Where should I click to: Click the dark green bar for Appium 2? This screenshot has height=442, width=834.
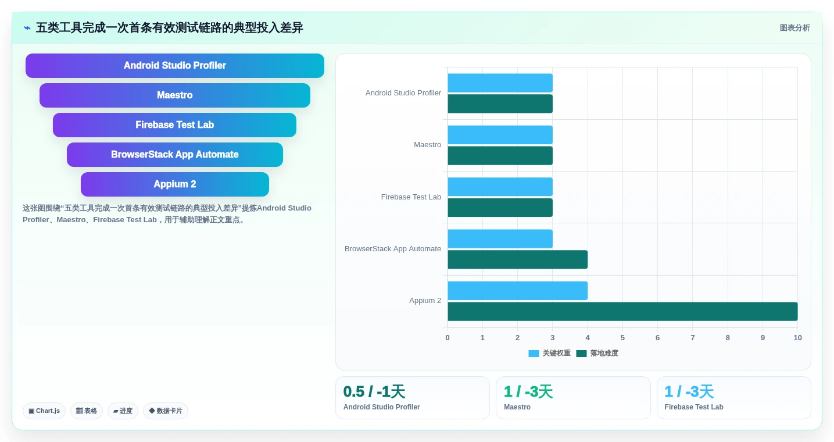point(622,312)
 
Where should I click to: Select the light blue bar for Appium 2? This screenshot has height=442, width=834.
point(517,291)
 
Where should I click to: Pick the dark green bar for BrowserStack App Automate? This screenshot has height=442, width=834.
point(517,259)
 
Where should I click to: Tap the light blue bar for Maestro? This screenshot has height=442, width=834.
point(500,135)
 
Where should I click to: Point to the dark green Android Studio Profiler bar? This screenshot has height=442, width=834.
point(500,104)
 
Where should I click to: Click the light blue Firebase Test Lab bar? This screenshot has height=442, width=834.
point(500,187)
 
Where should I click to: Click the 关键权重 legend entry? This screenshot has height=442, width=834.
point(550,353)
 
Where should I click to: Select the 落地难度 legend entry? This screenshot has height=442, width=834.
point(597,353)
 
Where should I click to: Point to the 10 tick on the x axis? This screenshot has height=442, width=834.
point(797,338)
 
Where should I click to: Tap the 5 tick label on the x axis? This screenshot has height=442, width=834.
point(622,338)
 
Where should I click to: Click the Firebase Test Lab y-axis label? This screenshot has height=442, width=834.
point(411,197)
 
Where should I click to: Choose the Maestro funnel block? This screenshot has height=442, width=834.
point(174,95)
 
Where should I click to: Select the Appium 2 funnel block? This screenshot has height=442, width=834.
point(174,184)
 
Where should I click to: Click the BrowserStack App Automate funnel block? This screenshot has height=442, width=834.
point(174,155)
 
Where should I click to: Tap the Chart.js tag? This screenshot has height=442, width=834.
point(44,411)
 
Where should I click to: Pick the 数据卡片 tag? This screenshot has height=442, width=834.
point(165,411)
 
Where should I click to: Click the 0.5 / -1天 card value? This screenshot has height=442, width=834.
point(374,391)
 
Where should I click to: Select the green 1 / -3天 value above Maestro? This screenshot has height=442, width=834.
point(528,391)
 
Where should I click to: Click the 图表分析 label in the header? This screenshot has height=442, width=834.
point(794,28)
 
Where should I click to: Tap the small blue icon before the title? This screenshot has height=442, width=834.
point(27,28)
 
